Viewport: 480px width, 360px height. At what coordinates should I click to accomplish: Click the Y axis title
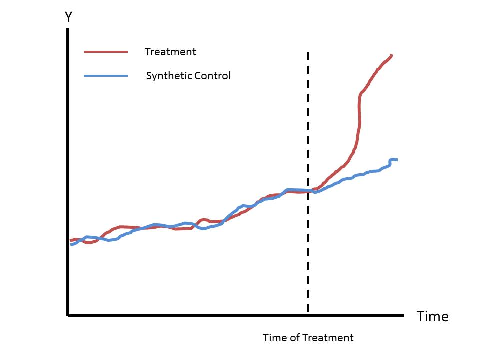click(69, 18)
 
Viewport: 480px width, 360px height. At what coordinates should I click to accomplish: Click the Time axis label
click(433, 317)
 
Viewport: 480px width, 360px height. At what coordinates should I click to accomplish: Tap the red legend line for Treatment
click(106, 52)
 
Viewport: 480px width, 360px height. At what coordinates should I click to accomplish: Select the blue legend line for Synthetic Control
click(106, 76)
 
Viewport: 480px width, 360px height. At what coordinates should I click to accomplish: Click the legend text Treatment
click(170, 52)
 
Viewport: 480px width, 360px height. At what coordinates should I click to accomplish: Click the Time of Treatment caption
click(308, 338)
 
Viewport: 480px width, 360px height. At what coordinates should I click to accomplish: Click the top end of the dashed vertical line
click(307, 52)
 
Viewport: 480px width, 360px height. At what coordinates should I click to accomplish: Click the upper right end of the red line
click(392, 55)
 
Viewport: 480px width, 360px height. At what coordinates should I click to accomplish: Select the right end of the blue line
click(396, 160)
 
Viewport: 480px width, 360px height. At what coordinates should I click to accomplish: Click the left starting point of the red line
click(70, 241)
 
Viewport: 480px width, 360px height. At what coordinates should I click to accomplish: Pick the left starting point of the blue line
click(70, 245)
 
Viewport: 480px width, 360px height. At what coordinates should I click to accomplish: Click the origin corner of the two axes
click(68, 315)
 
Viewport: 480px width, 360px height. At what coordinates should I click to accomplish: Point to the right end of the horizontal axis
click(402, 315)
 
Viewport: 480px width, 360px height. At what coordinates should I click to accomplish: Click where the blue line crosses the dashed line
click(307, 190)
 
